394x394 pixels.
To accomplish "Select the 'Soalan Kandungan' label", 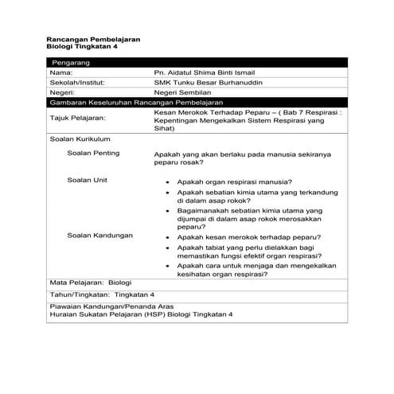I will point(100,236).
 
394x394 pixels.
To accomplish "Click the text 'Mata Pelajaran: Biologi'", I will point(90,282).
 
